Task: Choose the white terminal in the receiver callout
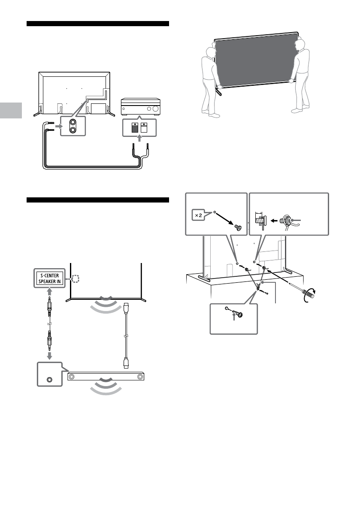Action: [x=144, y=128]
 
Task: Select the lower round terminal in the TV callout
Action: [x=73, y=130]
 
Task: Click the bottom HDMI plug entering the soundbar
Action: [x=127, y=363]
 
